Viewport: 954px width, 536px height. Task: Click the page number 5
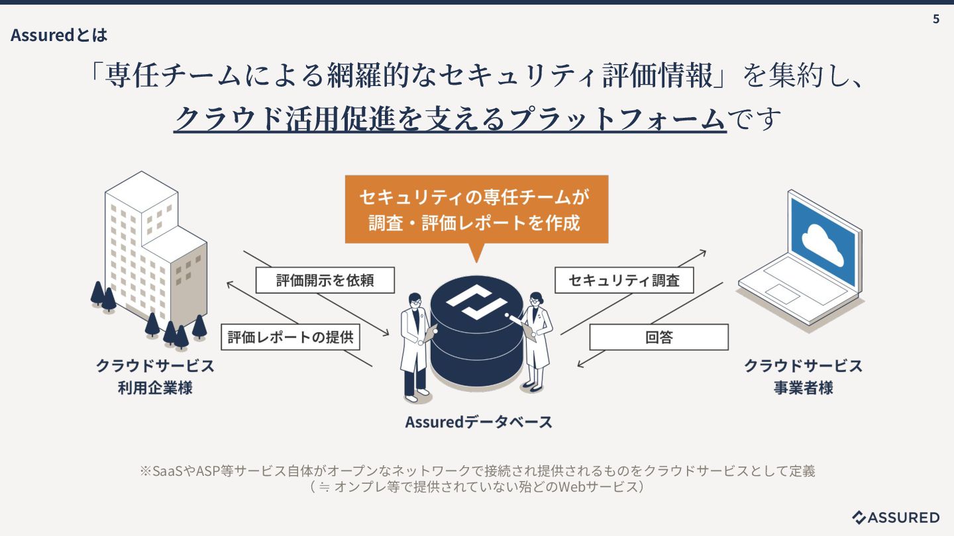[x=935, y=19]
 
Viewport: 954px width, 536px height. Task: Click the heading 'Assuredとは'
[x=59, y=35]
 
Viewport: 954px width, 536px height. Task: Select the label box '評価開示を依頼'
[x=325, y=280]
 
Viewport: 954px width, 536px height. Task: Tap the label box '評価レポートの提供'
[x=290, y=337]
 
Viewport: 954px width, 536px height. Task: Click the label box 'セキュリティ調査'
[x=624, y=280]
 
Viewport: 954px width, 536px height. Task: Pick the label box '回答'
[x=659, y=337]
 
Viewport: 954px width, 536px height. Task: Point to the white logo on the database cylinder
[x=476, y=302]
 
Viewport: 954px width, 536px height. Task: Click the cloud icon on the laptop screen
[x=822, y=245]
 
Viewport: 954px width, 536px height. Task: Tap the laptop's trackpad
[x=783, y=294]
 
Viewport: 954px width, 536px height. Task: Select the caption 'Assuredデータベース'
[x=478, y=422]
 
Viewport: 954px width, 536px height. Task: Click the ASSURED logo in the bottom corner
[x=896, y=517]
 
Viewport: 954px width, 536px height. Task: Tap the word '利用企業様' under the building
[x=155, y=388]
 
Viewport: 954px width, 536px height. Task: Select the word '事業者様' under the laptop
[x=803, y=388]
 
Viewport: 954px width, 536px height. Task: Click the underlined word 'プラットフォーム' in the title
[x=617, y=118]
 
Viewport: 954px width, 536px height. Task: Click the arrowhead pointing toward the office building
[x=229, y=284]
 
